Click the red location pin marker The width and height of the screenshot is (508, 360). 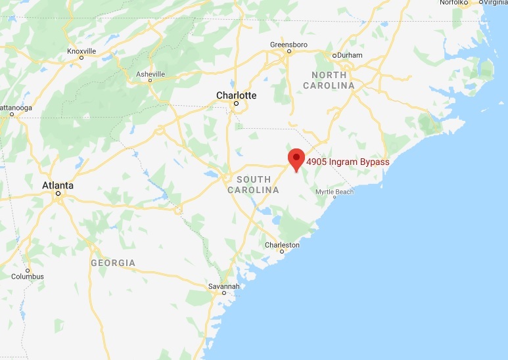point(296,158)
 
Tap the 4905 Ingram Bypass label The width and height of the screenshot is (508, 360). point(348,162)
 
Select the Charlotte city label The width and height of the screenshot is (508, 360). point(237,95)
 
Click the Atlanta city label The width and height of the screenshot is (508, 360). point(58,185)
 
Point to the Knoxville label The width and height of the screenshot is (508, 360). point(81,51)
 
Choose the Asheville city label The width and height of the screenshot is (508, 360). point(150,74)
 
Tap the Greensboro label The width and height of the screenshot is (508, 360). point(289,44)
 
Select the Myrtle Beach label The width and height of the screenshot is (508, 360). point(335,191)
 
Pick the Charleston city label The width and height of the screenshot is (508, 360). point(282,245)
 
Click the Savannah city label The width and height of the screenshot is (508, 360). point(223,286)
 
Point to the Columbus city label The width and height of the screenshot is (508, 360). point(28,277)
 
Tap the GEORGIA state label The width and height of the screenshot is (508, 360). point(113,263)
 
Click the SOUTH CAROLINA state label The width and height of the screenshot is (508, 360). point(253,185)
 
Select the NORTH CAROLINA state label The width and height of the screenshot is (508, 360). point(329,80)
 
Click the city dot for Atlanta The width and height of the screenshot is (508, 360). point(58,194)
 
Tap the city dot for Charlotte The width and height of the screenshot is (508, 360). point(237,104)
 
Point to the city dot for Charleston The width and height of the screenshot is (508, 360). point(282,252)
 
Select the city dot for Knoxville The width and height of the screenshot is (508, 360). point(81,57)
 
